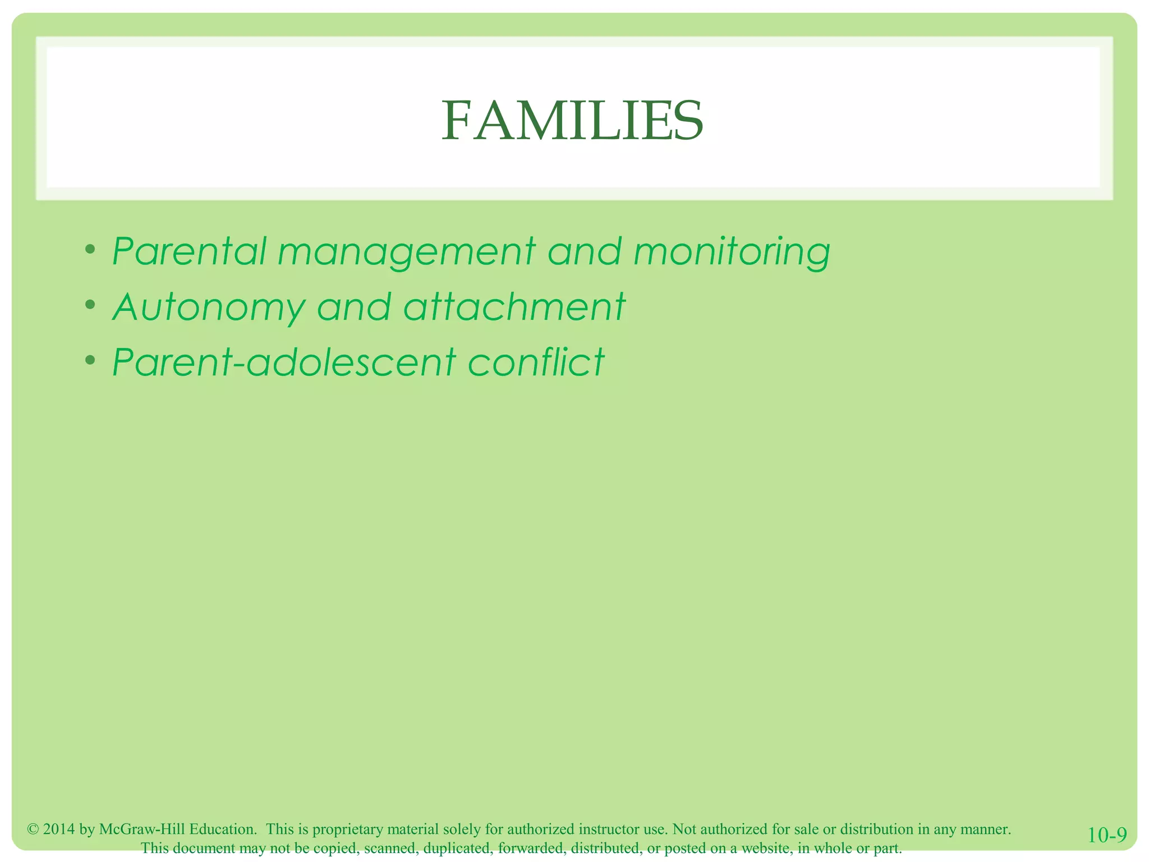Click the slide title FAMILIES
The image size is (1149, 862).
(572, 121)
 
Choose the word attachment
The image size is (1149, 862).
(514, 307)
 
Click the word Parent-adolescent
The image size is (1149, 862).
(283, 362)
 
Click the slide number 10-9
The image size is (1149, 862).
(1107, 835)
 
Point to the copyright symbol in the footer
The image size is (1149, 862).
(33, 829)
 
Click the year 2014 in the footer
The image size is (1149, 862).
(59, 829)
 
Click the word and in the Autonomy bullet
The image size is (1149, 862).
(353, 307)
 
